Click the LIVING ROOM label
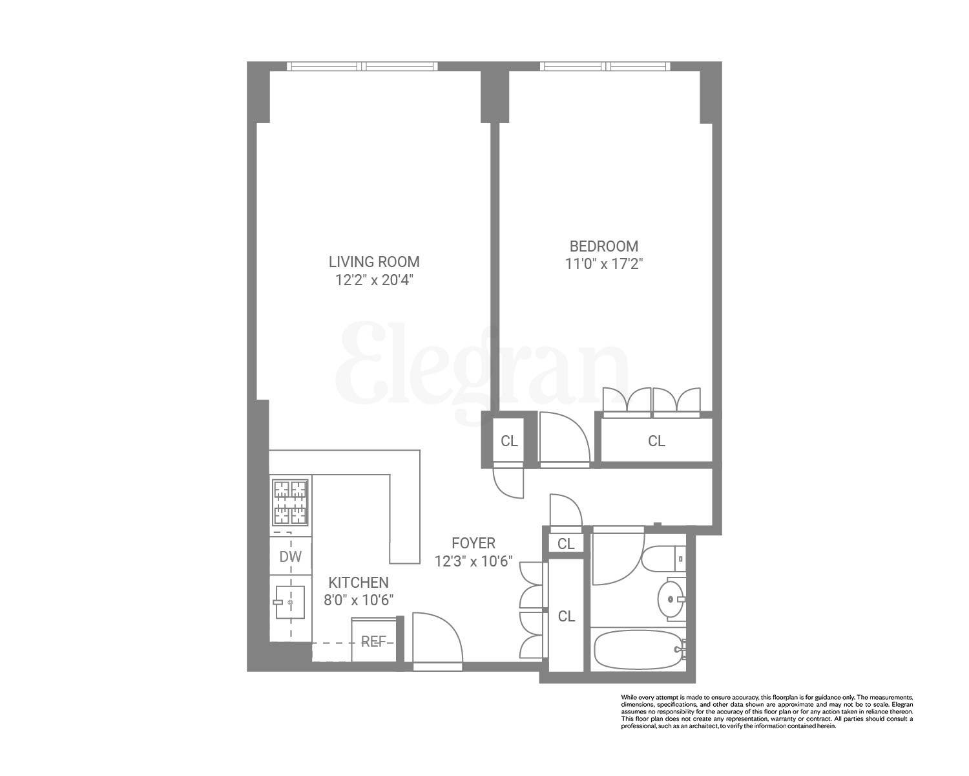click(374, 262)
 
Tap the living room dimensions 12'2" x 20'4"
click(374, 280)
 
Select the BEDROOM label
click(603, 246)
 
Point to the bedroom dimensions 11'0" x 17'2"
click(603, 264)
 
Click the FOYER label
click(474, 543)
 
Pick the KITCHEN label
click(359, 582)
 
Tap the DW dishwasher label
click(290, 557)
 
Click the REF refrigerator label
click(373, 641)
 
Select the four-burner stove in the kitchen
click(290, 502)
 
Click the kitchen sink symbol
click(290, 602)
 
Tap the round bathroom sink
click(671, 598)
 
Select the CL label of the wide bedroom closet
click(656, 441)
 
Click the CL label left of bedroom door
click(509, 441)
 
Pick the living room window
click(362, 66)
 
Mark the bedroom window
click(605, 66)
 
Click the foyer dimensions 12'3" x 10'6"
click(474, 561)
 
